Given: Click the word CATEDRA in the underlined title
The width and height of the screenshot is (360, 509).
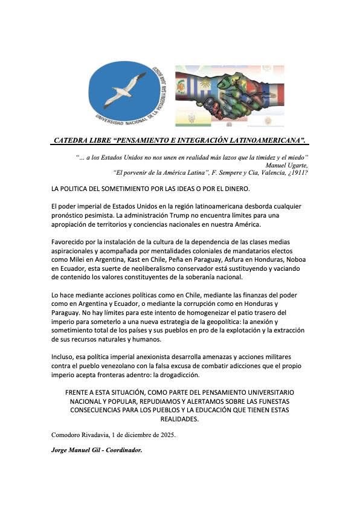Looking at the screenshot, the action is (73, 140).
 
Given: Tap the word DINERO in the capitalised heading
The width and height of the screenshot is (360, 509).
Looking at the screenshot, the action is (217, 190).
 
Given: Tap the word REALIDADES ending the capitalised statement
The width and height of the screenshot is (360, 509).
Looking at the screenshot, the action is (179, 419).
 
